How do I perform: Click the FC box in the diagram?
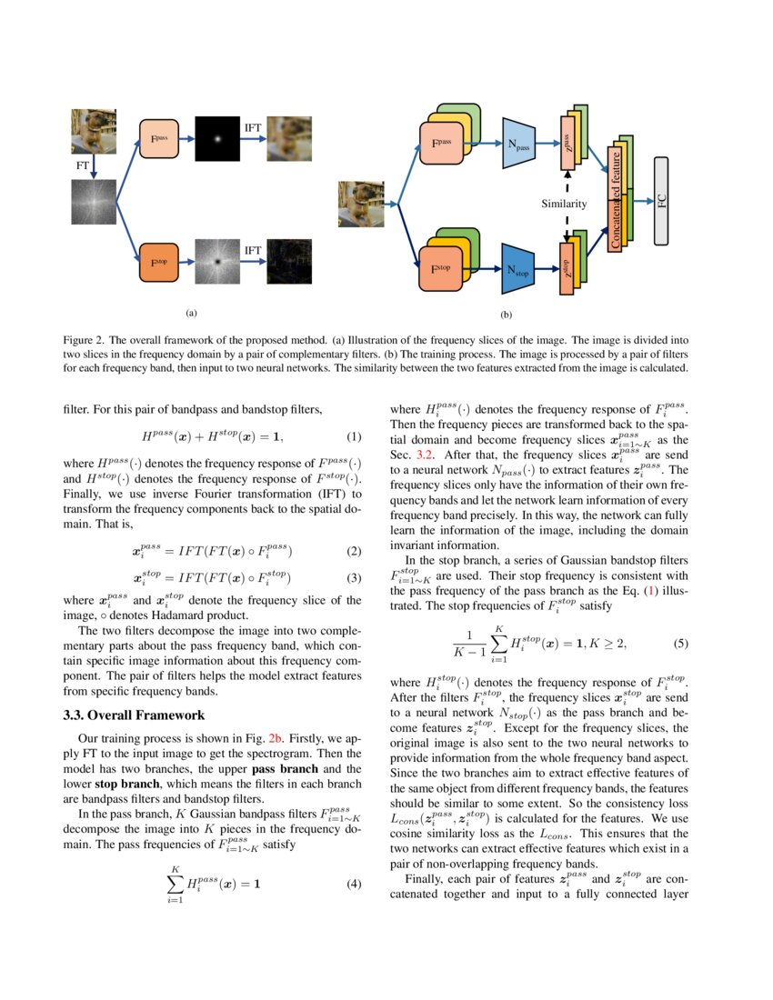661,201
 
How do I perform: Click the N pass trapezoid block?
521,143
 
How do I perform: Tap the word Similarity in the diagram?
564,205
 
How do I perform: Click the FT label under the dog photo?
82,166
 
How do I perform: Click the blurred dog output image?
289,139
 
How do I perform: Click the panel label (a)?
191,313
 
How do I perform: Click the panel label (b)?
507,315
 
